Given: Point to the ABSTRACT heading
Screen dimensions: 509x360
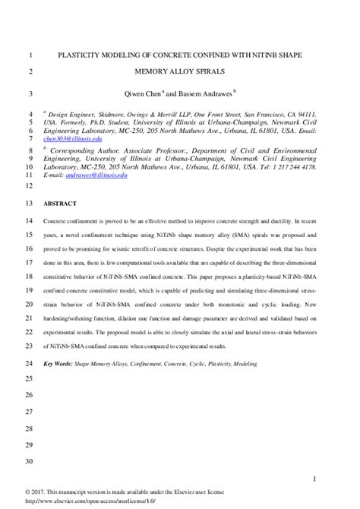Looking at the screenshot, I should tap(62, 204).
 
